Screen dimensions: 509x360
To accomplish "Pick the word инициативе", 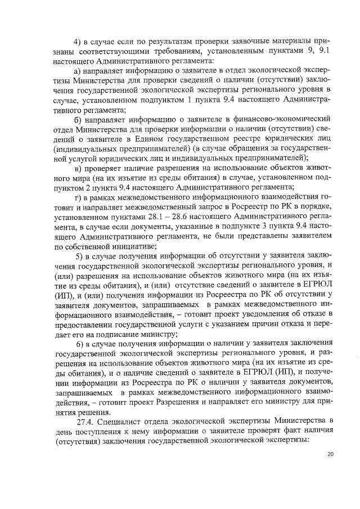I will point(135,246).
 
